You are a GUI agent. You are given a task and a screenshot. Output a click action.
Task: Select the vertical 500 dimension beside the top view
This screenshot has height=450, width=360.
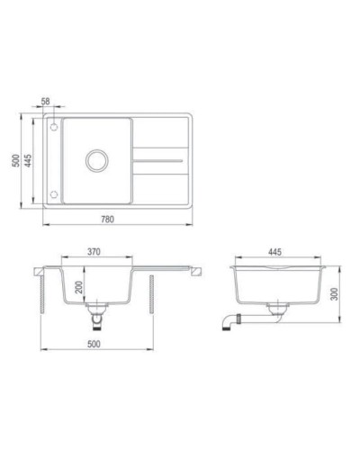14,162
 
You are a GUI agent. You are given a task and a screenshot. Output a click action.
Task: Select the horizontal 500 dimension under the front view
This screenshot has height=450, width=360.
94,343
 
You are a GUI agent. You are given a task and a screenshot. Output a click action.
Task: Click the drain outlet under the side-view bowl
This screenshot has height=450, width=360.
276,313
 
